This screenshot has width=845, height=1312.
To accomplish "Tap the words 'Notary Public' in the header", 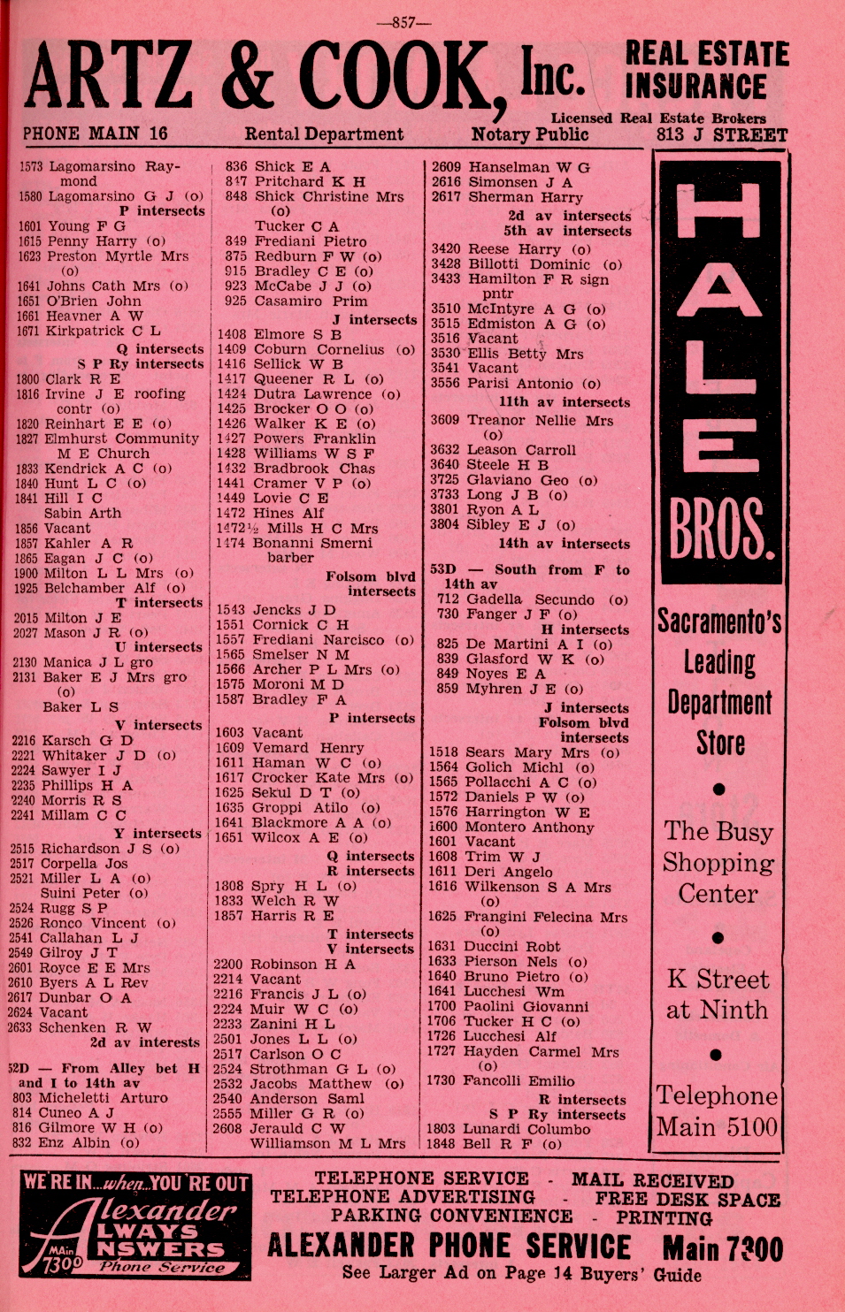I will tap(529, 134).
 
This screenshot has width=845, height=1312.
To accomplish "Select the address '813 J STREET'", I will tap(721, 135).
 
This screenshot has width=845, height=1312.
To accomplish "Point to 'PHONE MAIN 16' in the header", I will tap(95, 133).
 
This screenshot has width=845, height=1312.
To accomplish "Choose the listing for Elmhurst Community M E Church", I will tap(108, 446).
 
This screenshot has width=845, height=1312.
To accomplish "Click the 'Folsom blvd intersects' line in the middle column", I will tap(370, 584).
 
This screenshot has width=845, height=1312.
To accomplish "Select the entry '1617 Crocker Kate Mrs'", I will tap(314, 778).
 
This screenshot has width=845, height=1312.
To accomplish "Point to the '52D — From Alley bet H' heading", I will tap(104, 1068).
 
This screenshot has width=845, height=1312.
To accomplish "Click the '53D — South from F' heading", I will tap(529, 570).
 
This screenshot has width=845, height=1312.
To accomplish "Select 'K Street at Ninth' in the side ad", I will tap(718, 994).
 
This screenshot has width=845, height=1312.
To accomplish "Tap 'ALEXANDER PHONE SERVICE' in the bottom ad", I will tap(449, 1247).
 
